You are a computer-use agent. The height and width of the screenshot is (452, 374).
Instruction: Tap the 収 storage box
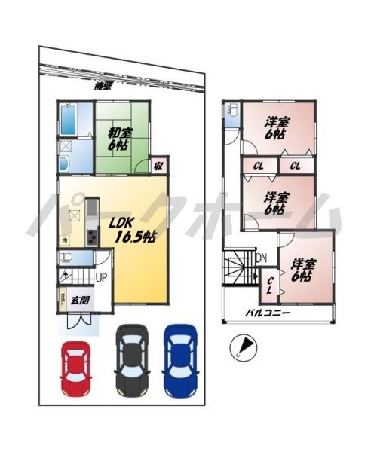click(160, 166)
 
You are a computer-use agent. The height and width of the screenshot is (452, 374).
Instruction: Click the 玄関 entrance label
click(79, 300)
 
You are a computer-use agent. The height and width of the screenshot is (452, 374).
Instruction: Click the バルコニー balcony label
click(268, 312)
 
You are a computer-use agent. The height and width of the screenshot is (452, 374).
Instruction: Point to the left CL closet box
click(259, 166)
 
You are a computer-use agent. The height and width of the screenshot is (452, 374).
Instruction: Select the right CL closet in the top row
click(296, 166)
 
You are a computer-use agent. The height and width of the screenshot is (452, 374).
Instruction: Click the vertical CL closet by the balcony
click(271, 288)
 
